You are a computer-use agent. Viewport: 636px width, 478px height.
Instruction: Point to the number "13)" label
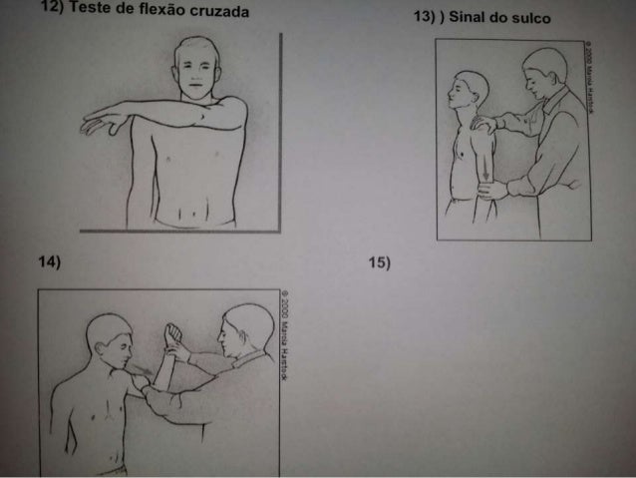[x=424, y=19]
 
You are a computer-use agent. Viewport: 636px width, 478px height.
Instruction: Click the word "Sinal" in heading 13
[x=470, y=19]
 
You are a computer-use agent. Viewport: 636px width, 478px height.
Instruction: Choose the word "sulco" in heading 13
[x=530, y=19]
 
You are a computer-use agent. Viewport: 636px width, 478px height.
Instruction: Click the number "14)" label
[x=50, y=263]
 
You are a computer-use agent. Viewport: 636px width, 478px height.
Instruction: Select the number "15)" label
[x=379, y=263]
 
